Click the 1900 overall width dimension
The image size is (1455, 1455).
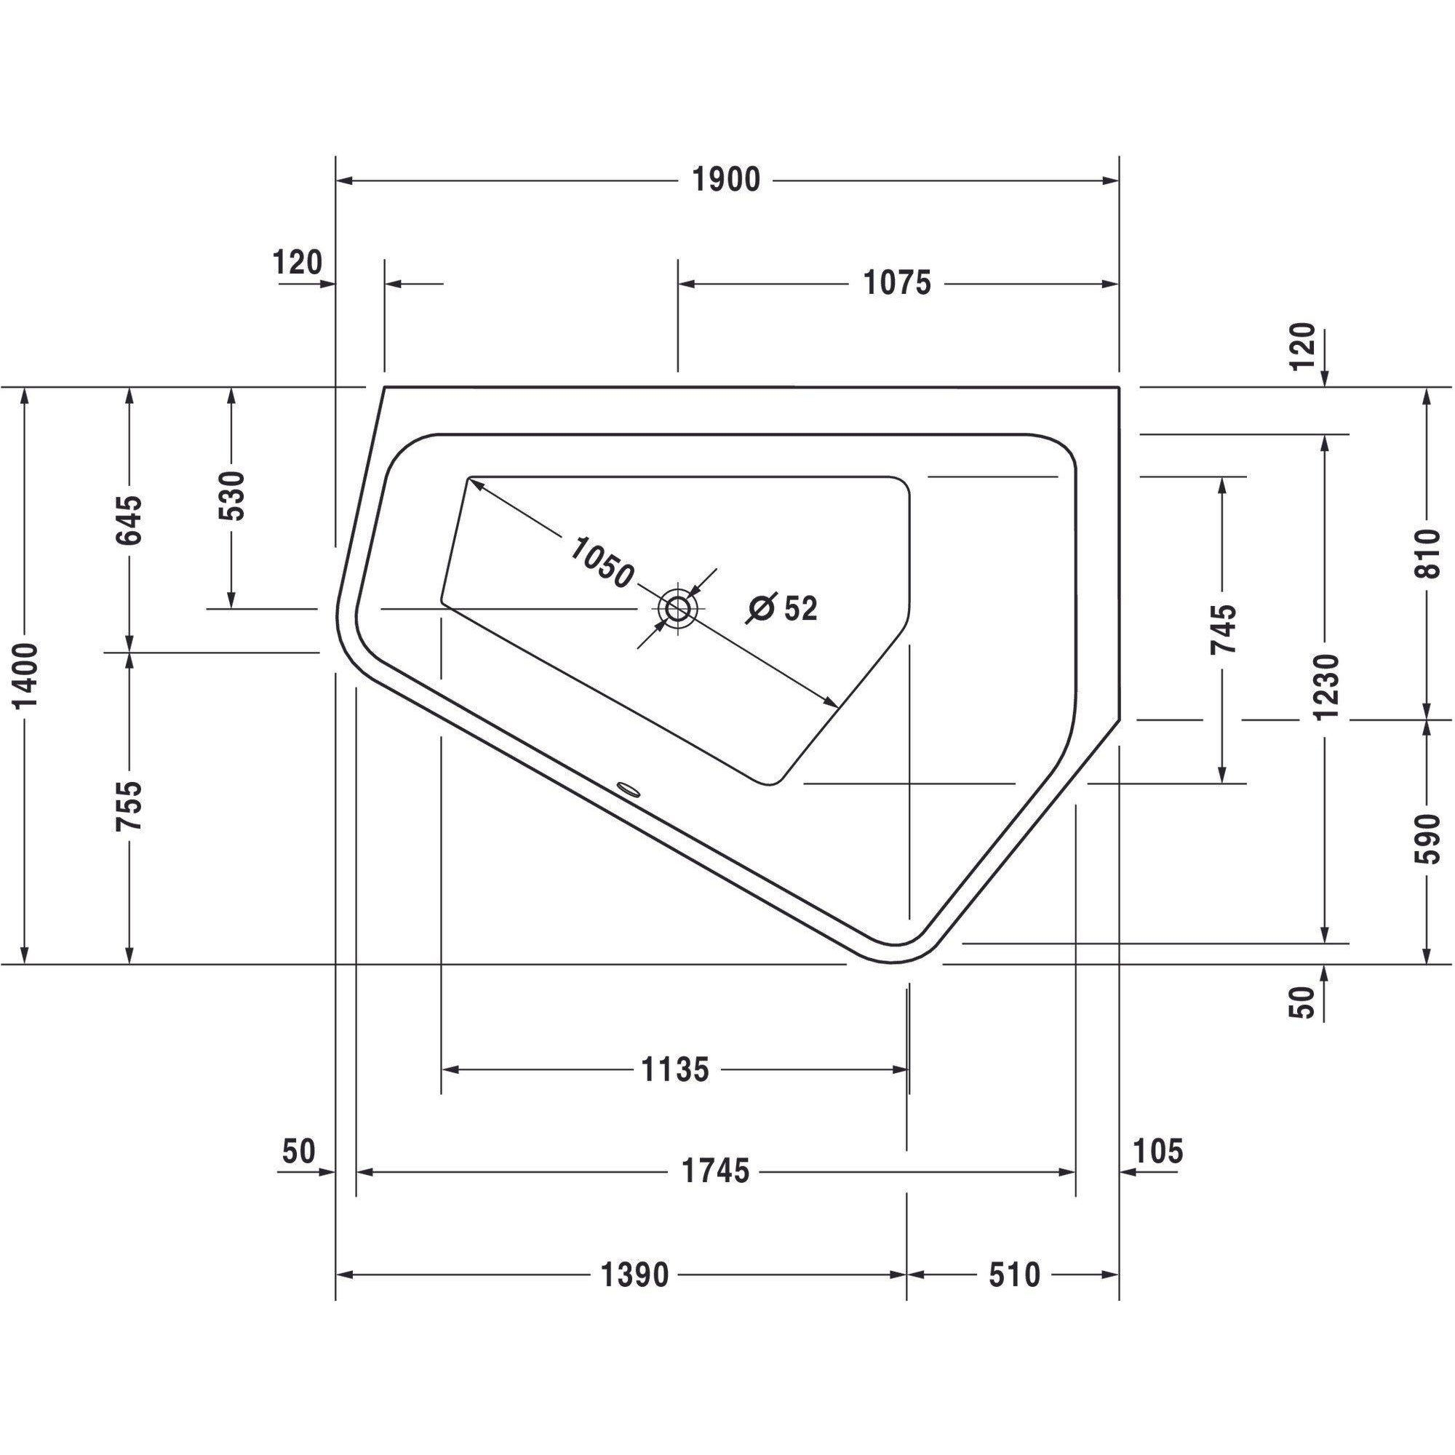[x=726, y=180]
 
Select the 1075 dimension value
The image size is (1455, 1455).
[x=897, y=283]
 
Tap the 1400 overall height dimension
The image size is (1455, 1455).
[x=27, y=677]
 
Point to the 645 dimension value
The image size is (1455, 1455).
[x=129, y=519]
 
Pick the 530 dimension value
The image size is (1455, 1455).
[x=232, y=496]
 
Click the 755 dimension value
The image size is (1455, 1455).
[x=129, y=806]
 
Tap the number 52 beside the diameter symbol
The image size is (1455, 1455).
[x=800, y=607]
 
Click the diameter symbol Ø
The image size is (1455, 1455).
[x=762, y=608]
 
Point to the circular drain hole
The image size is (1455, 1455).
[x=679, y=607]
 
